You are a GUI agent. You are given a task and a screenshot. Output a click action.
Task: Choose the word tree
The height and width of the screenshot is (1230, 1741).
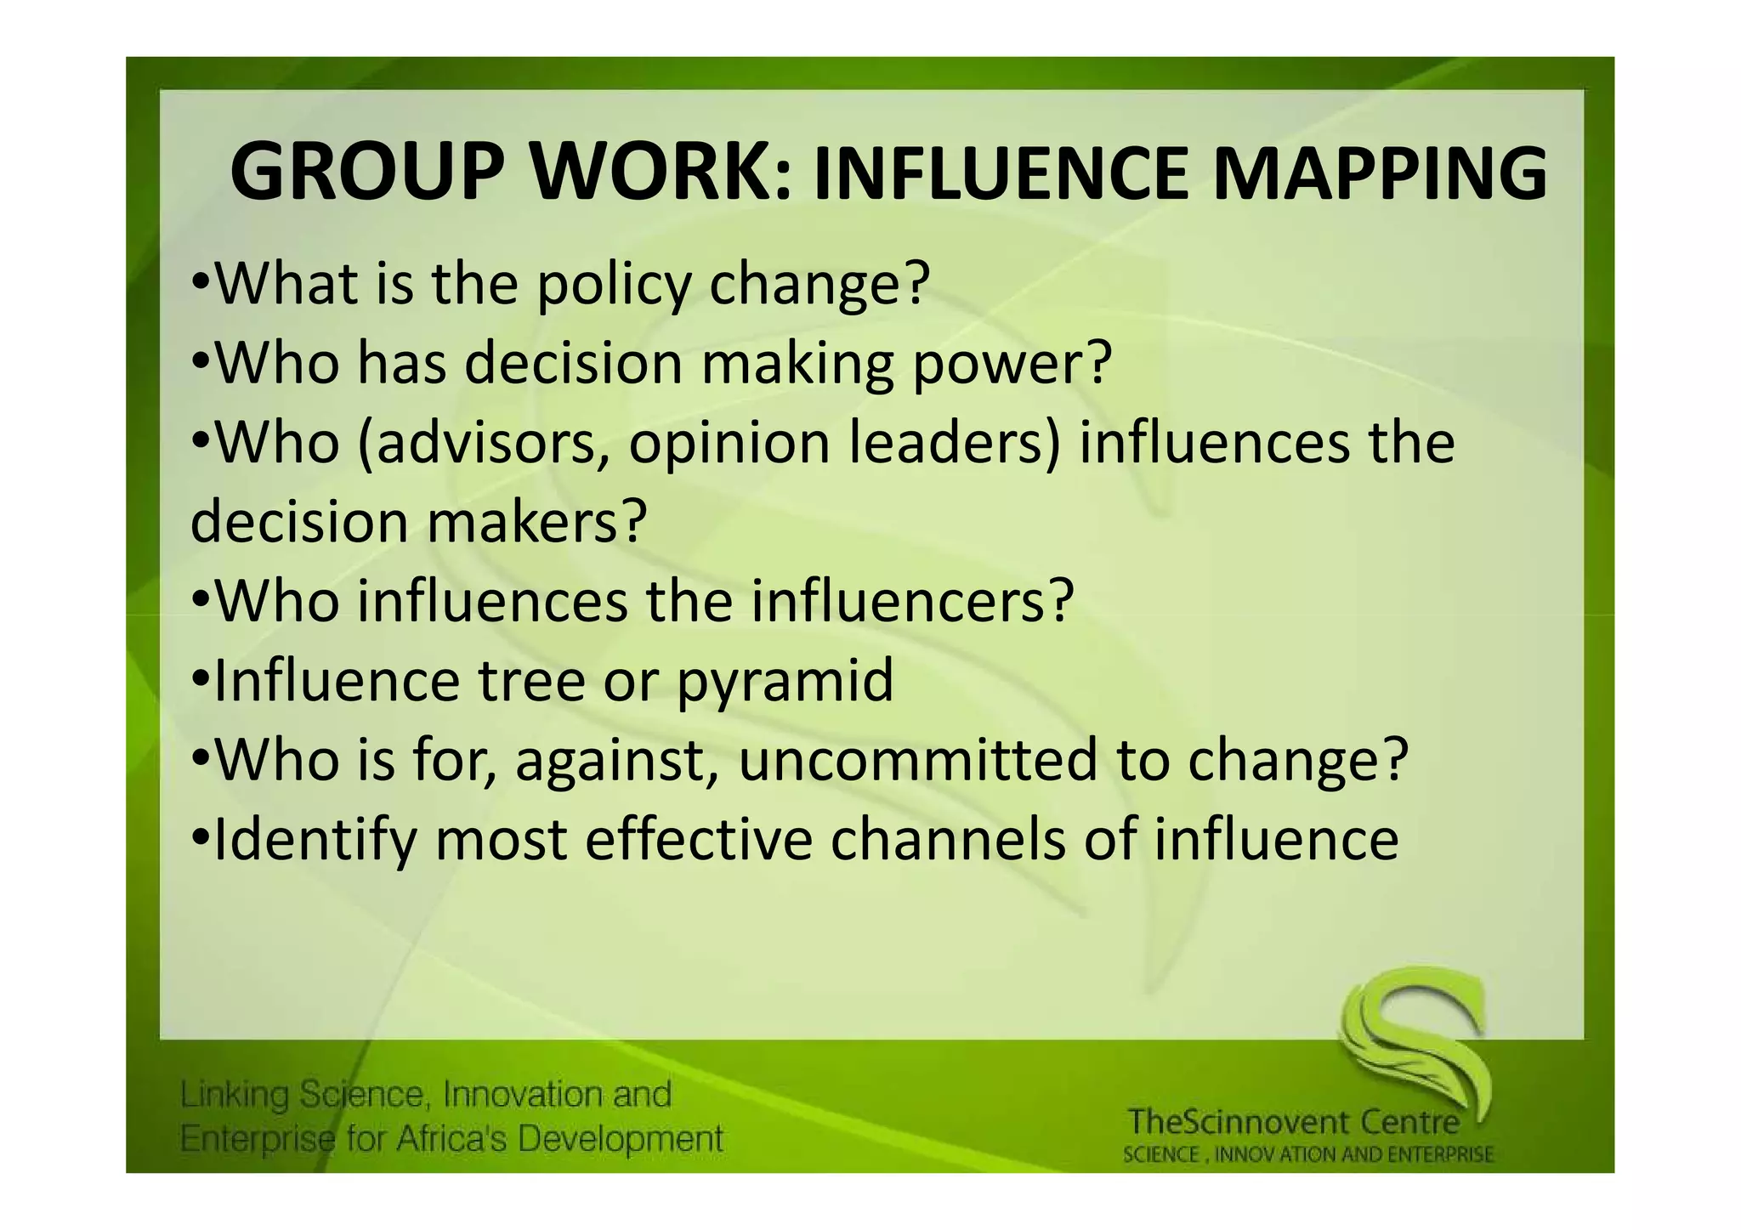pos(531,681)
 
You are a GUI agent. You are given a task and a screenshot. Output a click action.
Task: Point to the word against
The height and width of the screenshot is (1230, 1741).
pos(612,759)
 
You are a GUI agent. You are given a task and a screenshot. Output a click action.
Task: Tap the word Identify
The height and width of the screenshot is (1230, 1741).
pos(315,839)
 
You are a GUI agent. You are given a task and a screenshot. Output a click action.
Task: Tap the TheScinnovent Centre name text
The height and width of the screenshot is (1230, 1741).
pos(1293,1122)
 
